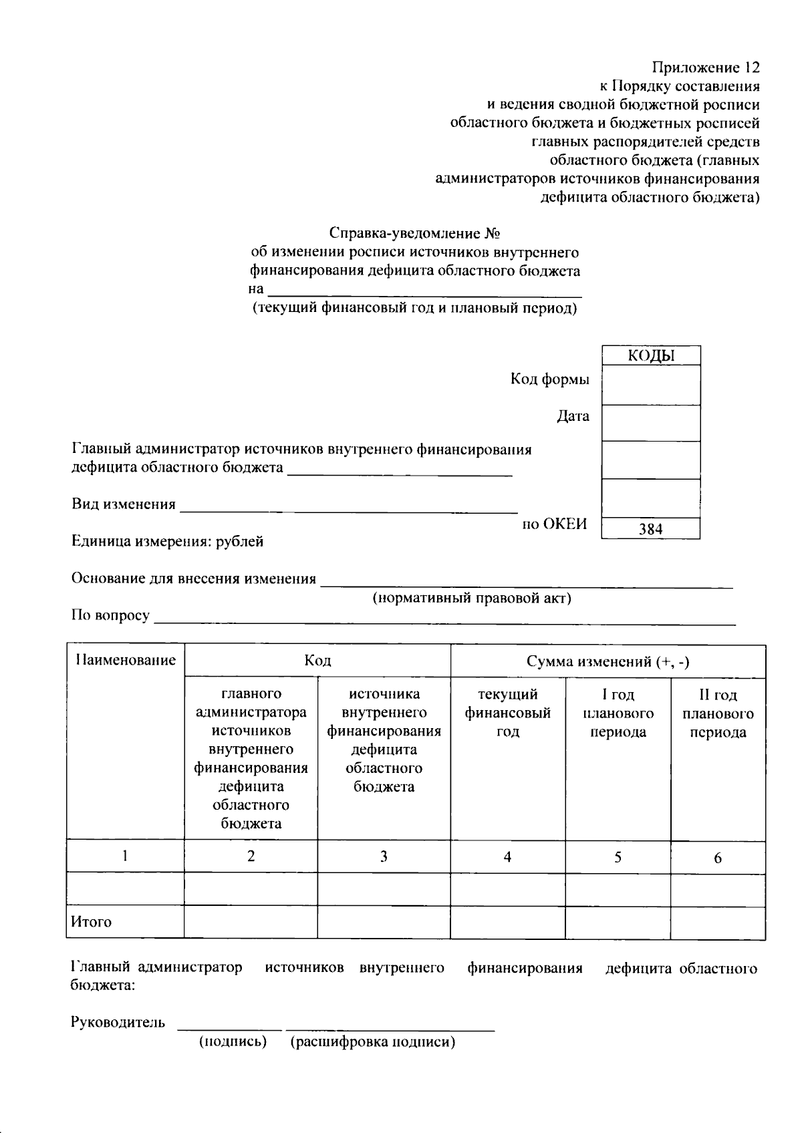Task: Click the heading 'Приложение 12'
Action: [706, 67]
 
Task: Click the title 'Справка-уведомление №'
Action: [415, 234]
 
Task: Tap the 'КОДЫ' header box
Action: [650, 355]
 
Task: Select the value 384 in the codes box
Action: [650, 529]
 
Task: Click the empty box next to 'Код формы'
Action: [650, 384]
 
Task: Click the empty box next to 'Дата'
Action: [650, 422]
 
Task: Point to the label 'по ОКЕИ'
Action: [554, 524]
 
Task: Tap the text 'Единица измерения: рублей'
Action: [167, 541]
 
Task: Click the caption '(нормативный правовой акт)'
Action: [471, 598]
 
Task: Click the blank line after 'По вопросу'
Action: [444, 618]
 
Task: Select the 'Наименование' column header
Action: [126, 661]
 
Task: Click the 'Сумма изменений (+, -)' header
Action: [608, 661]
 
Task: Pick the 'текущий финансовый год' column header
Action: [507, 713]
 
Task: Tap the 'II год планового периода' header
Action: [718, 713]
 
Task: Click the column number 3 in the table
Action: [384, 856]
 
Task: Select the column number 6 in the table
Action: [718, 858]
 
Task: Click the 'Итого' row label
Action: [92, 922]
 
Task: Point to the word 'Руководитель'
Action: [118, 1022]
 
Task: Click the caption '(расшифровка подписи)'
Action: [372, 1042]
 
